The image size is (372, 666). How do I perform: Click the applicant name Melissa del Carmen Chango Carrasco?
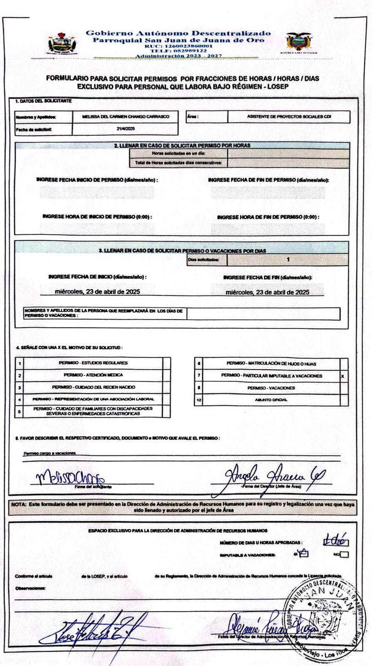tap(126, 117)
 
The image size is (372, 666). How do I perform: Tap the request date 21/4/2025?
tap(126, 129)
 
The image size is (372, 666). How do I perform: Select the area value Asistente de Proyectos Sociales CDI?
tap(289, 117)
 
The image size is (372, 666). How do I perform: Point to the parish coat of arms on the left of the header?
tap(62, 44)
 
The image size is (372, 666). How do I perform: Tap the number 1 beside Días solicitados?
tap(288, 260)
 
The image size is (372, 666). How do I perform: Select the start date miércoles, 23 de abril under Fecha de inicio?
tap(97, 292)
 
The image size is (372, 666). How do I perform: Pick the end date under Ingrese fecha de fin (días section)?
tap(267, 292)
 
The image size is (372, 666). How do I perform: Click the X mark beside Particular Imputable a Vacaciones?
tap(342, 376)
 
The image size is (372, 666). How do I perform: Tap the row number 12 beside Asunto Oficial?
tap(199, 400)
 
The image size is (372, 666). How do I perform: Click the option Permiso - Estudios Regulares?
tap(93, 363)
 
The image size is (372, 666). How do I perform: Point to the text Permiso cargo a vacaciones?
tap(50, 452)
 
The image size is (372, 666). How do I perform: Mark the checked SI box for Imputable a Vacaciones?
tap(303, 554)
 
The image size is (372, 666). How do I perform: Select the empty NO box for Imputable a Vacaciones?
tap(345, 554)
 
